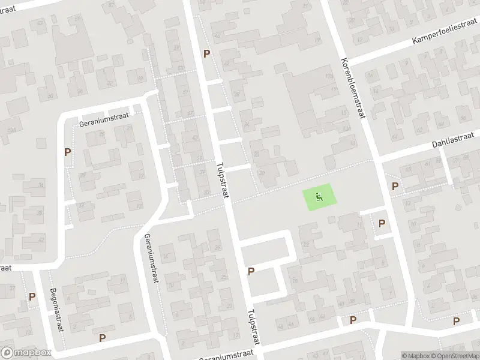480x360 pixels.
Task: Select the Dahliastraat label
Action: pos(452,140)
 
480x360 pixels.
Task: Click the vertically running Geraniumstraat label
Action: pos(151,260)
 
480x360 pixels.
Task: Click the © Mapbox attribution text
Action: pos(417,356)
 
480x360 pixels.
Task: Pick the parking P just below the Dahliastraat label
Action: pos(395,187)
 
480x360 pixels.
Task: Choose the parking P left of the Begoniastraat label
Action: pos(32,297)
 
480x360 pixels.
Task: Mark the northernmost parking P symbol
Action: pos(207,53)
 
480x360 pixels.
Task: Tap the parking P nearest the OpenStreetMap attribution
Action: pos(457,321)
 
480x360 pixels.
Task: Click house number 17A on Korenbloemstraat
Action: pos(329,76)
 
